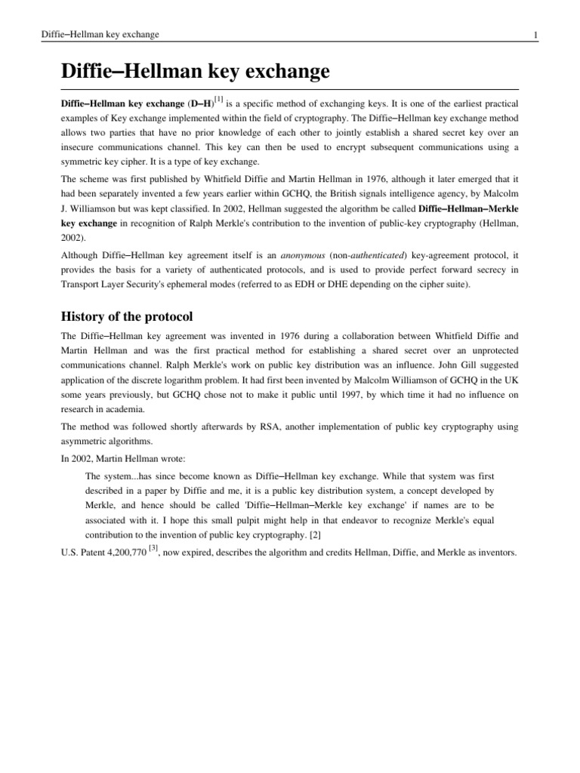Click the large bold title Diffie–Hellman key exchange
[195, 72]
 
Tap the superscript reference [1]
[218, 98]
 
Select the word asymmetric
[86, 442]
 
